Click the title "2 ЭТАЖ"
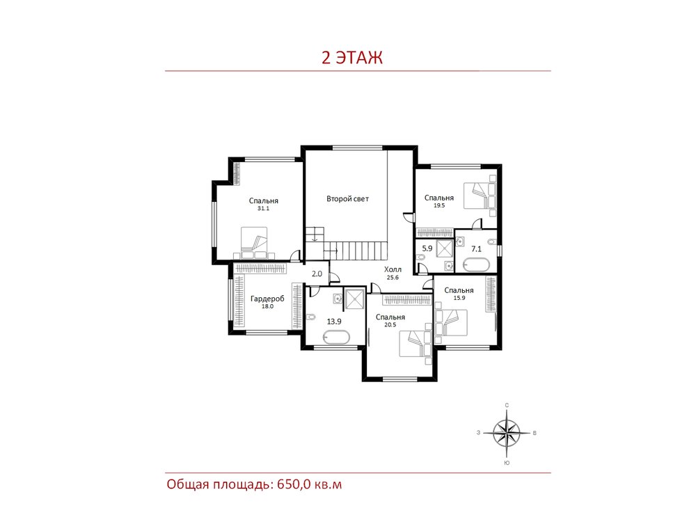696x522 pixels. (352, 58)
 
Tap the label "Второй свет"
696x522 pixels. (347, 199)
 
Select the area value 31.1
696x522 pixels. (263, 208)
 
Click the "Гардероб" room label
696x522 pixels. (267, 299)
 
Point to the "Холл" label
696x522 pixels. (393, 269)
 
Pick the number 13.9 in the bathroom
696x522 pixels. (334, 322)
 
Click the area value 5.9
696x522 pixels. (427, 248)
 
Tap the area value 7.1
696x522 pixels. (476, 249)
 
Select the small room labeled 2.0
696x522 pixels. (317, 274)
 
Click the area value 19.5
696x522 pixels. (439, 205)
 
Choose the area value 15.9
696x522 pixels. (459, 298)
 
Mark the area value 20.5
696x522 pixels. (390, 324)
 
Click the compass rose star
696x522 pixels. (507, 433)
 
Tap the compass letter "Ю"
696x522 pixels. (507, 463)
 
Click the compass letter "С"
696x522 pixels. (507, 405)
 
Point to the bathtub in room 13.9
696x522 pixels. (336, 339)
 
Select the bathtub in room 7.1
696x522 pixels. (476, 265)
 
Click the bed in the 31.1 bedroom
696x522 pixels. (254, 243)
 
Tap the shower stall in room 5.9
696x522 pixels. (444, 248)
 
